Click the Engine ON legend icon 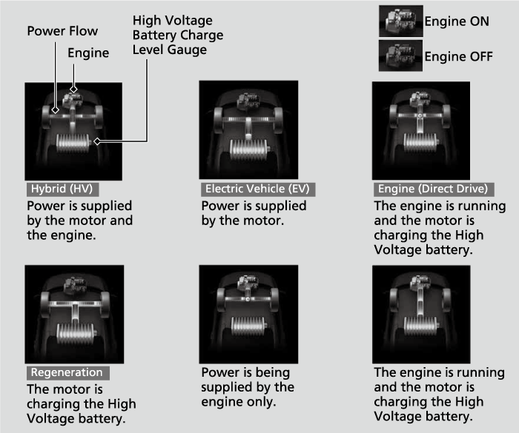point(401,21)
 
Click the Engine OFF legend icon point(400,56)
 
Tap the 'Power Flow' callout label point(62,31)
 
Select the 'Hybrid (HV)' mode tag point(62,189)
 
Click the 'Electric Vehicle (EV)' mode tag point(258,189)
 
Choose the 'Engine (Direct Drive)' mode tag point(434,189)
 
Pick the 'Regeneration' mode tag point(68,372)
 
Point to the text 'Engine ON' point(457,21)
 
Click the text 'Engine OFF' point(458,56)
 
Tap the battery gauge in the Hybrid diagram point(73,143)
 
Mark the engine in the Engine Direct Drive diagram point(420,99)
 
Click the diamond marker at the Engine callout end point(73,89)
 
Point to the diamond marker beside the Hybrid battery point(97,141)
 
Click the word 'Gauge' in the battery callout point(187,50)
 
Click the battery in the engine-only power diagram point(248,326)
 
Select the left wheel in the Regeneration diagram point(45,304)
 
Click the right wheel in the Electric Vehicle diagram point(278,120)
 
